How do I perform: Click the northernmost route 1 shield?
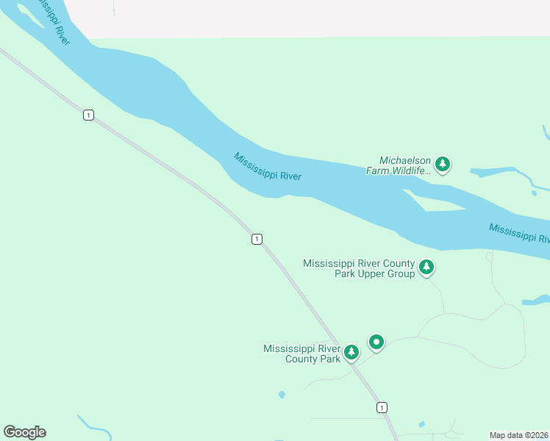coord(88,115)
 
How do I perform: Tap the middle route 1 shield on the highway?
coord(257,239)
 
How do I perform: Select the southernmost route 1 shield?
coord(381,407)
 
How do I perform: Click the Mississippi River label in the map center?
coord(268,167)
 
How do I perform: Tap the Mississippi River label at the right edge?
coord(519,233)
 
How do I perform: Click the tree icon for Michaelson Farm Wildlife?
coord(442,164)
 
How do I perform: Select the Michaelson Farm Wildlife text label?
coord(397,165)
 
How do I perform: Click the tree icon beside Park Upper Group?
coord(426,268)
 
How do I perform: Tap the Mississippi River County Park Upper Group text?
coord(359,268)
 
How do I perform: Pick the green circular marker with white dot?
coord(376,342)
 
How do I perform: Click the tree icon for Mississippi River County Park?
coord(351,353)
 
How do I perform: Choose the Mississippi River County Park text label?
coord(302,354)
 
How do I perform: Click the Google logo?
coord(24,432)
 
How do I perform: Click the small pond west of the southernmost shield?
coord(282,395)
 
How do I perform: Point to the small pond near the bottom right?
coord(421,424)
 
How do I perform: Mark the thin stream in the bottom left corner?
coord(92,426)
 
